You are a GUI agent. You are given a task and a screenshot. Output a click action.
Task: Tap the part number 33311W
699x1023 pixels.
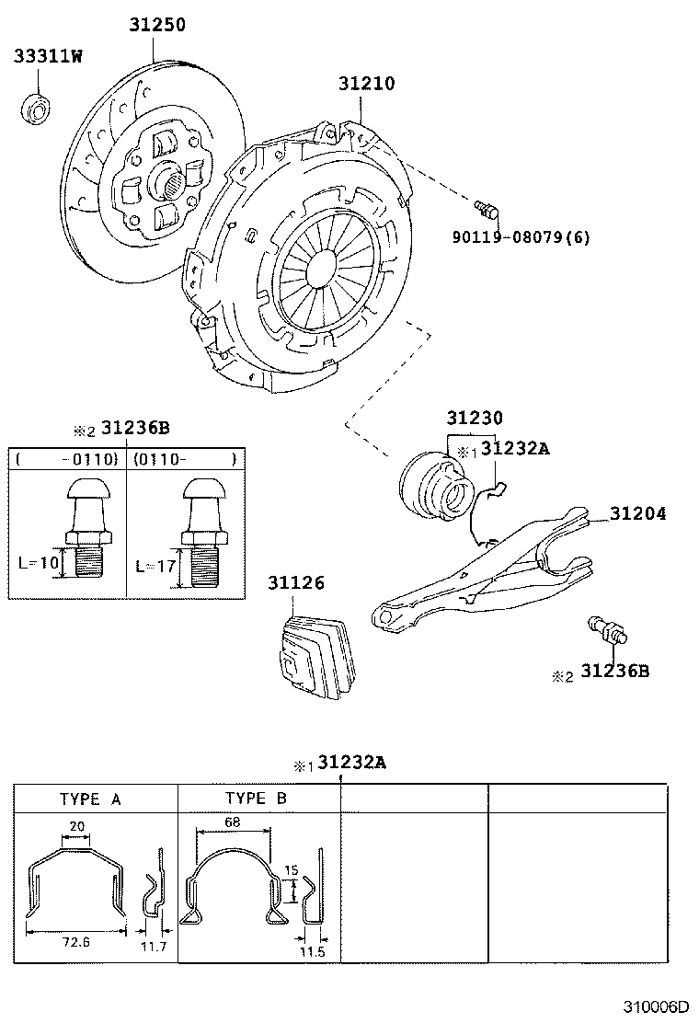pyautogui.click(x=48, y=57)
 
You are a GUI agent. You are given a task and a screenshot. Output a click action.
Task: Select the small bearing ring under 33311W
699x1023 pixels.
pyautogui.click(x=37, y=109)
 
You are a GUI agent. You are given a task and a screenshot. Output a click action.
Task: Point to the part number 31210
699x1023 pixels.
pyautogui.click(x=366, y=84)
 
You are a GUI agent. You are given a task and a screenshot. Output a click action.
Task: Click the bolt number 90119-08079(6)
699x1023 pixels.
pyautogui.click(x=521, y=237)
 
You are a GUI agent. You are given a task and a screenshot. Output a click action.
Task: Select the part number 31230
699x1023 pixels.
pyautogui.click(x=475, y=418)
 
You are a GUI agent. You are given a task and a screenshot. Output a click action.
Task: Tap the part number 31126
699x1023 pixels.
pyautogui.click(x=296, y=583)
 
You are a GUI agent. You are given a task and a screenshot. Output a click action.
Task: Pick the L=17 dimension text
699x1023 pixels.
pyautogui.click(x=155, y=566)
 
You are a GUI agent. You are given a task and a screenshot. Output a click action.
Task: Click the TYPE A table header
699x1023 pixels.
pyautogui.click(x=90, y=799)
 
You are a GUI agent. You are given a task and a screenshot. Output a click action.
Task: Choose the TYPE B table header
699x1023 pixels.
pyautogui.click(x=256, y=799)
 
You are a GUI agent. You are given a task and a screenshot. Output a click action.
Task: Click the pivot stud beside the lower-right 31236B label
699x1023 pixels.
pyautogui.click(x=605, y=632)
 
